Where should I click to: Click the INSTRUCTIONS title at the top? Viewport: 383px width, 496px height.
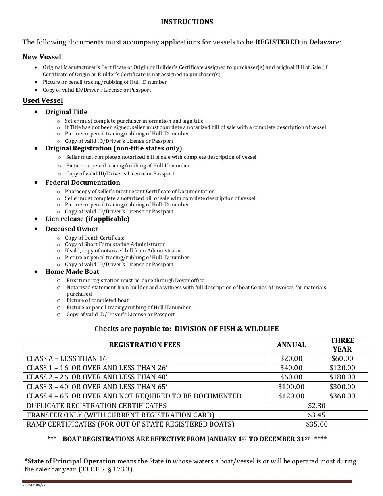pyautogui.click(x=187, y=22)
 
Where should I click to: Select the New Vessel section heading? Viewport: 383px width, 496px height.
pyautogui.click(x=42, y=57)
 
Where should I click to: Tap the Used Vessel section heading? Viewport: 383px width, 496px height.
pyautogui.click(x=43, y=100)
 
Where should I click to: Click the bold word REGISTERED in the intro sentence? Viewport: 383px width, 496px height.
pyautogui.click(x=277, y=42)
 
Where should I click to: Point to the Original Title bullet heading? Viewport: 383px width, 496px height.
pyautogui.click(x=66, y=112)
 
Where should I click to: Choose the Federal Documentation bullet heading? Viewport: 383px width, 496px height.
pyautogui.click(x=82, y=182)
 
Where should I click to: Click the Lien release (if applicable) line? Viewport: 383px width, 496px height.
pyautogui.click(x=87, y=219)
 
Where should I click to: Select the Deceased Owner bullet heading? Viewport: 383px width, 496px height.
pyautogui.click(x=71, y=229)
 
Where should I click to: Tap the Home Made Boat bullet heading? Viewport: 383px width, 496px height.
pyautogui.click(x=72, y=271)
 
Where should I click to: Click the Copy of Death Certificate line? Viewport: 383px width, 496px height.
pyautogui.click(x=94, y=238)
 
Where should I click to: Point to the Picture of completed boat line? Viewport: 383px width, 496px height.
pyautogui.click(x=98, y=300)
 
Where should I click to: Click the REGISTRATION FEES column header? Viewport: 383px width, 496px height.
pyautogui.click(x=145, y=345)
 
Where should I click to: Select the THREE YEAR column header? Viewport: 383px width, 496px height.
pyautogui.click(x=342, y=345)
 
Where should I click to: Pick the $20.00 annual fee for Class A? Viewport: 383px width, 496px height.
pyautogui.click(x=291, y=358)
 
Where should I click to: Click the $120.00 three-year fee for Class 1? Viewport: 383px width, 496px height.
pyautogui.click(x=342, y=367)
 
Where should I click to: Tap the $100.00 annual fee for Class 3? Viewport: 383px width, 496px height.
pyautogui.click(x=291, y=386)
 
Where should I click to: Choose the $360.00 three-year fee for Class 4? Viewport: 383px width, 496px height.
pyautogui.click(x=342, y=396)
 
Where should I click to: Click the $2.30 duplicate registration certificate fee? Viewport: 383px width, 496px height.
pyautogui.click(x=316, y=405)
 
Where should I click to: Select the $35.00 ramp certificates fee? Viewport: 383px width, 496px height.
pyautogui.click(x=316, y=424)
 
